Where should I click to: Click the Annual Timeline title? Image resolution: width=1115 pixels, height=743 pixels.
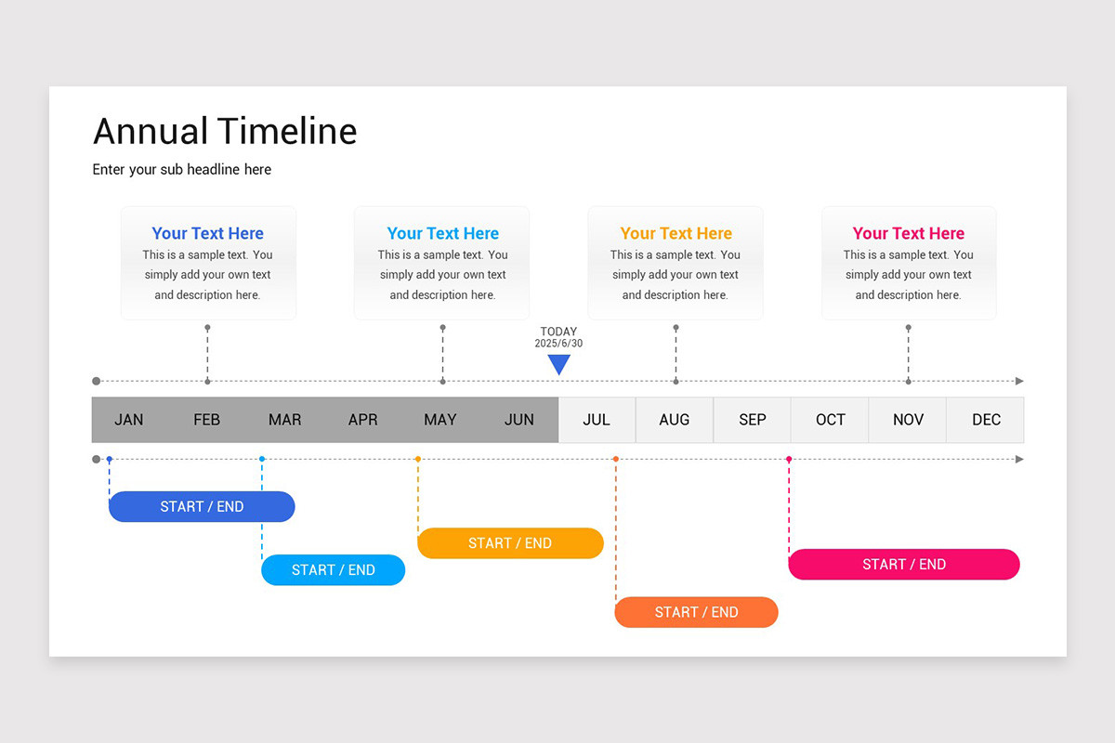(x=225, y=131)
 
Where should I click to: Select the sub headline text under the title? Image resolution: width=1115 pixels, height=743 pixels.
(x=182, y=169)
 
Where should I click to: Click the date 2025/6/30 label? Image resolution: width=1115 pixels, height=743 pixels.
(x=558, y=344)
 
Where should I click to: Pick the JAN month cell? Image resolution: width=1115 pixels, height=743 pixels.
(x=129, y=420)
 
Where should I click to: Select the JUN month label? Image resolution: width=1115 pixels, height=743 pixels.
(x=518, y=420)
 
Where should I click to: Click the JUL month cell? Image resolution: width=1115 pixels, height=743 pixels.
(x=597, y=420)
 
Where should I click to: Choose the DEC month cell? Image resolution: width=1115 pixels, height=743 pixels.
(x=986, y=420)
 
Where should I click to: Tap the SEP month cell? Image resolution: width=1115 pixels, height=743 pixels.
(x=753, y=420)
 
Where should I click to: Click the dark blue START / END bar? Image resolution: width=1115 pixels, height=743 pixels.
(x=202, y=506)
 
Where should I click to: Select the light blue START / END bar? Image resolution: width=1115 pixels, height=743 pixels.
(x=334, y=570)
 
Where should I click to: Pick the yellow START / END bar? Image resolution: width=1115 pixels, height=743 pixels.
(x=510, y=543)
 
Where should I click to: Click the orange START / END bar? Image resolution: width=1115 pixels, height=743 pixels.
(x=696, y=612)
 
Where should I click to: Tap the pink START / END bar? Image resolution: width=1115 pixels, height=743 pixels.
(x=904, y=564)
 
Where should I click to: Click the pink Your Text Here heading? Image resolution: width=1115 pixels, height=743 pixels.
(x=909, y=233)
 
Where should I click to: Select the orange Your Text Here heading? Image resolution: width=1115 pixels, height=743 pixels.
(x=676, y=233)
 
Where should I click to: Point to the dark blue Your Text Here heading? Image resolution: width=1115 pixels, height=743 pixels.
(x=208, y=233)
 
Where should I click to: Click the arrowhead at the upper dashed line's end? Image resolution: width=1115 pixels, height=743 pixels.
(x=1019, y=381)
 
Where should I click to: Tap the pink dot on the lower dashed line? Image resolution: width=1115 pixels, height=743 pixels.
(x=789, y=459)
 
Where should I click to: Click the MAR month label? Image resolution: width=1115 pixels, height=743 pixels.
(x=284, y=420)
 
